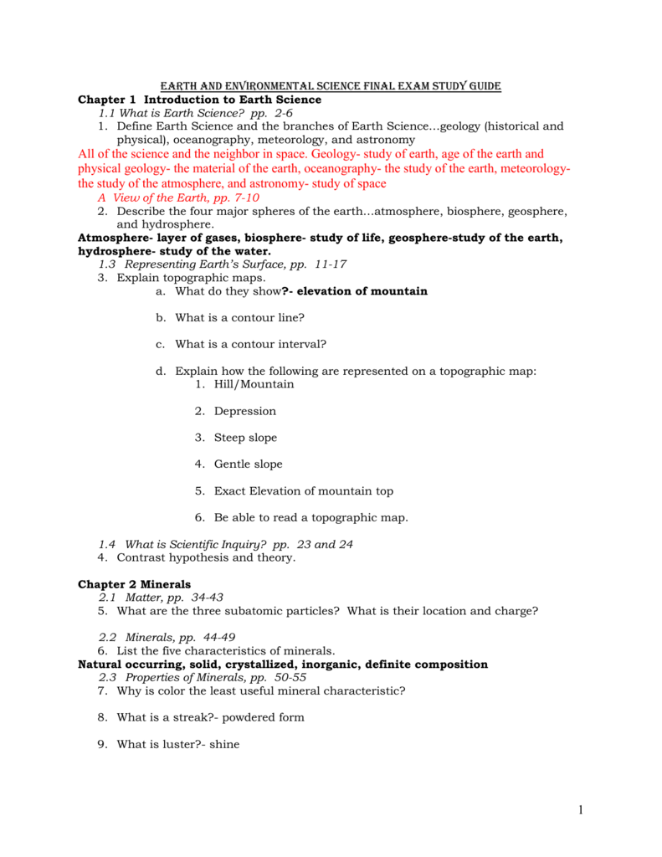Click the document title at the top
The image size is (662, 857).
[331, 86]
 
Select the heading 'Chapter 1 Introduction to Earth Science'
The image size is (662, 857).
[199, 100]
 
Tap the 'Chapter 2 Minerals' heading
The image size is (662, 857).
[134, 584]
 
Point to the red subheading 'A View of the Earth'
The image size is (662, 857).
[178, 198]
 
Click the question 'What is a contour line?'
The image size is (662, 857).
[239, 318]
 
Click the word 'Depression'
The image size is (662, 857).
[244, 411]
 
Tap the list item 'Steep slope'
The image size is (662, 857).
[245, 438]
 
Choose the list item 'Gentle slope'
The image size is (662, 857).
[248, 464]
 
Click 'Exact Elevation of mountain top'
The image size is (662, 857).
[303, 491]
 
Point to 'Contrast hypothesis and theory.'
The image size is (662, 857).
[206, 557]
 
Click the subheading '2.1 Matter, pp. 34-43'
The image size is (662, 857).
[161, 598]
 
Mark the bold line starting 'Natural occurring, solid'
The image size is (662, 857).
[282, 665]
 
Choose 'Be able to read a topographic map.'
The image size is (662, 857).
[310, 518]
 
